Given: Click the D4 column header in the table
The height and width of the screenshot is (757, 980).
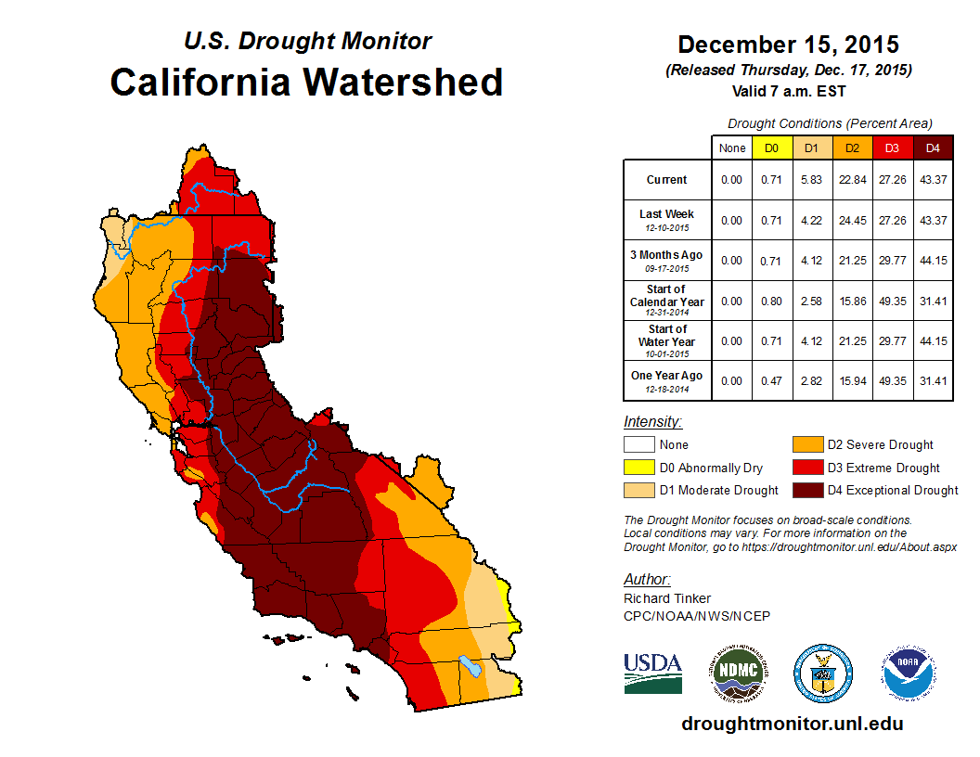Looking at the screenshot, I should pyautogui.click(x=933, y=148).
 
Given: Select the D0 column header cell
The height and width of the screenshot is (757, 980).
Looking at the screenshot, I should pyautogui.click(x=771, y=148).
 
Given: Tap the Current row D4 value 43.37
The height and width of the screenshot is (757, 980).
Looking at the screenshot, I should pyautogui.click(x=933, y=180).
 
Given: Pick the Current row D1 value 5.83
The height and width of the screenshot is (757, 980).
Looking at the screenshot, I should pyautogui.click(x=812, y=180).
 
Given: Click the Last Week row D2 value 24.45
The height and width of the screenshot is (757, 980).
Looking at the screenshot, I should pyautogui.click(x=852, y=220).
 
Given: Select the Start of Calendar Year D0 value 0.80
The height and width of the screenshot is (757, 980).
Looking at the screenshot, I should pyautogui.click(x=771, y=301).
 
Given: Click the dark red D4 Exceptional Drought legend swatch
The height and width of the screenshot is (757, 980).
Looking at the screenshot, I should pyautogui.click(x=806, y=490).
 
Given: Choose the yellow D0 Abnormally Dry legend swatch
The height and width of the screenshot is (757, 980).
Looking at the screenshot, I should pyautogui.click(x=638, y=468).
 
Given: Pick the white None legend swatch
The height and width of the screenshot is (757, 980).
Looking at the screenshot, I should pyautogui.click(x=638, y=445).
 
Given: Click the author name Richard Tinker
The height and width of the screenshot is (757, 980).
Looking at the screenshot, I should pyautogui.click(x=667, y=598).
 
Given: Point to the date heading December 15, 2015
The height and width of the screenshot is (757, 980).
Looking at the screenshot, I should pyautogui.click(x=788, y=45).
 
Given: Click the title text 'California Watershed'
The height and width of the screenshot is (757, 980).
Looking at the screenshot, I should pyautogui.click(x=306, y=83).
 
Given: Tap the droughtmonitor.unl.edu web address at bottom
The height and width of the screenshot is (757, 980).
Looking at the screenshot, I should pyautogui.click(x=792, y=724).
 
